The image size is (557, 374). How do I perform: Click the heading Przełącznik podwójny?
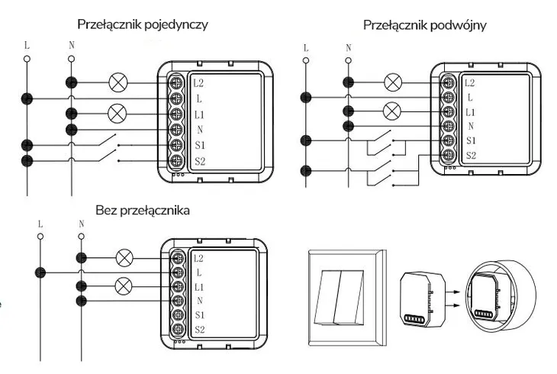coord(425,25)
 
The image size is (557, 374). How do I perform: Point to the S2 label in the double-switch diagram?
coord(470,156)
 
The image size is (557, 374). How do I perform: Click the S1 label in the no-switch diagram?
coord(198,315)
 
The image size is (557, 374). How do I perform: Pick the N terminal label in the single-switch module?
coord(198,130)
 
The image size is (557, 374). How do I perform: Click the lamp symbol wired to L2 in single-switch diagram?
coord(117,82)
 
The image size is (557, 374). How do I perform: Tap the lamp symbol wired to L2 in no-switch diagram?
coord(122,258)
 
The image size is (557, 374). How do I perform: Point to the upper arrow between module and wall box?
coord(449,290)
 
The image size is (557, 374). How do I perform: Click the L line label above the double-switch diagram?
coord(306,48)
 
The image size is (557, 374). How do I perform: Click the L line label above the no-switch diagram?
coord(40,224)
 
